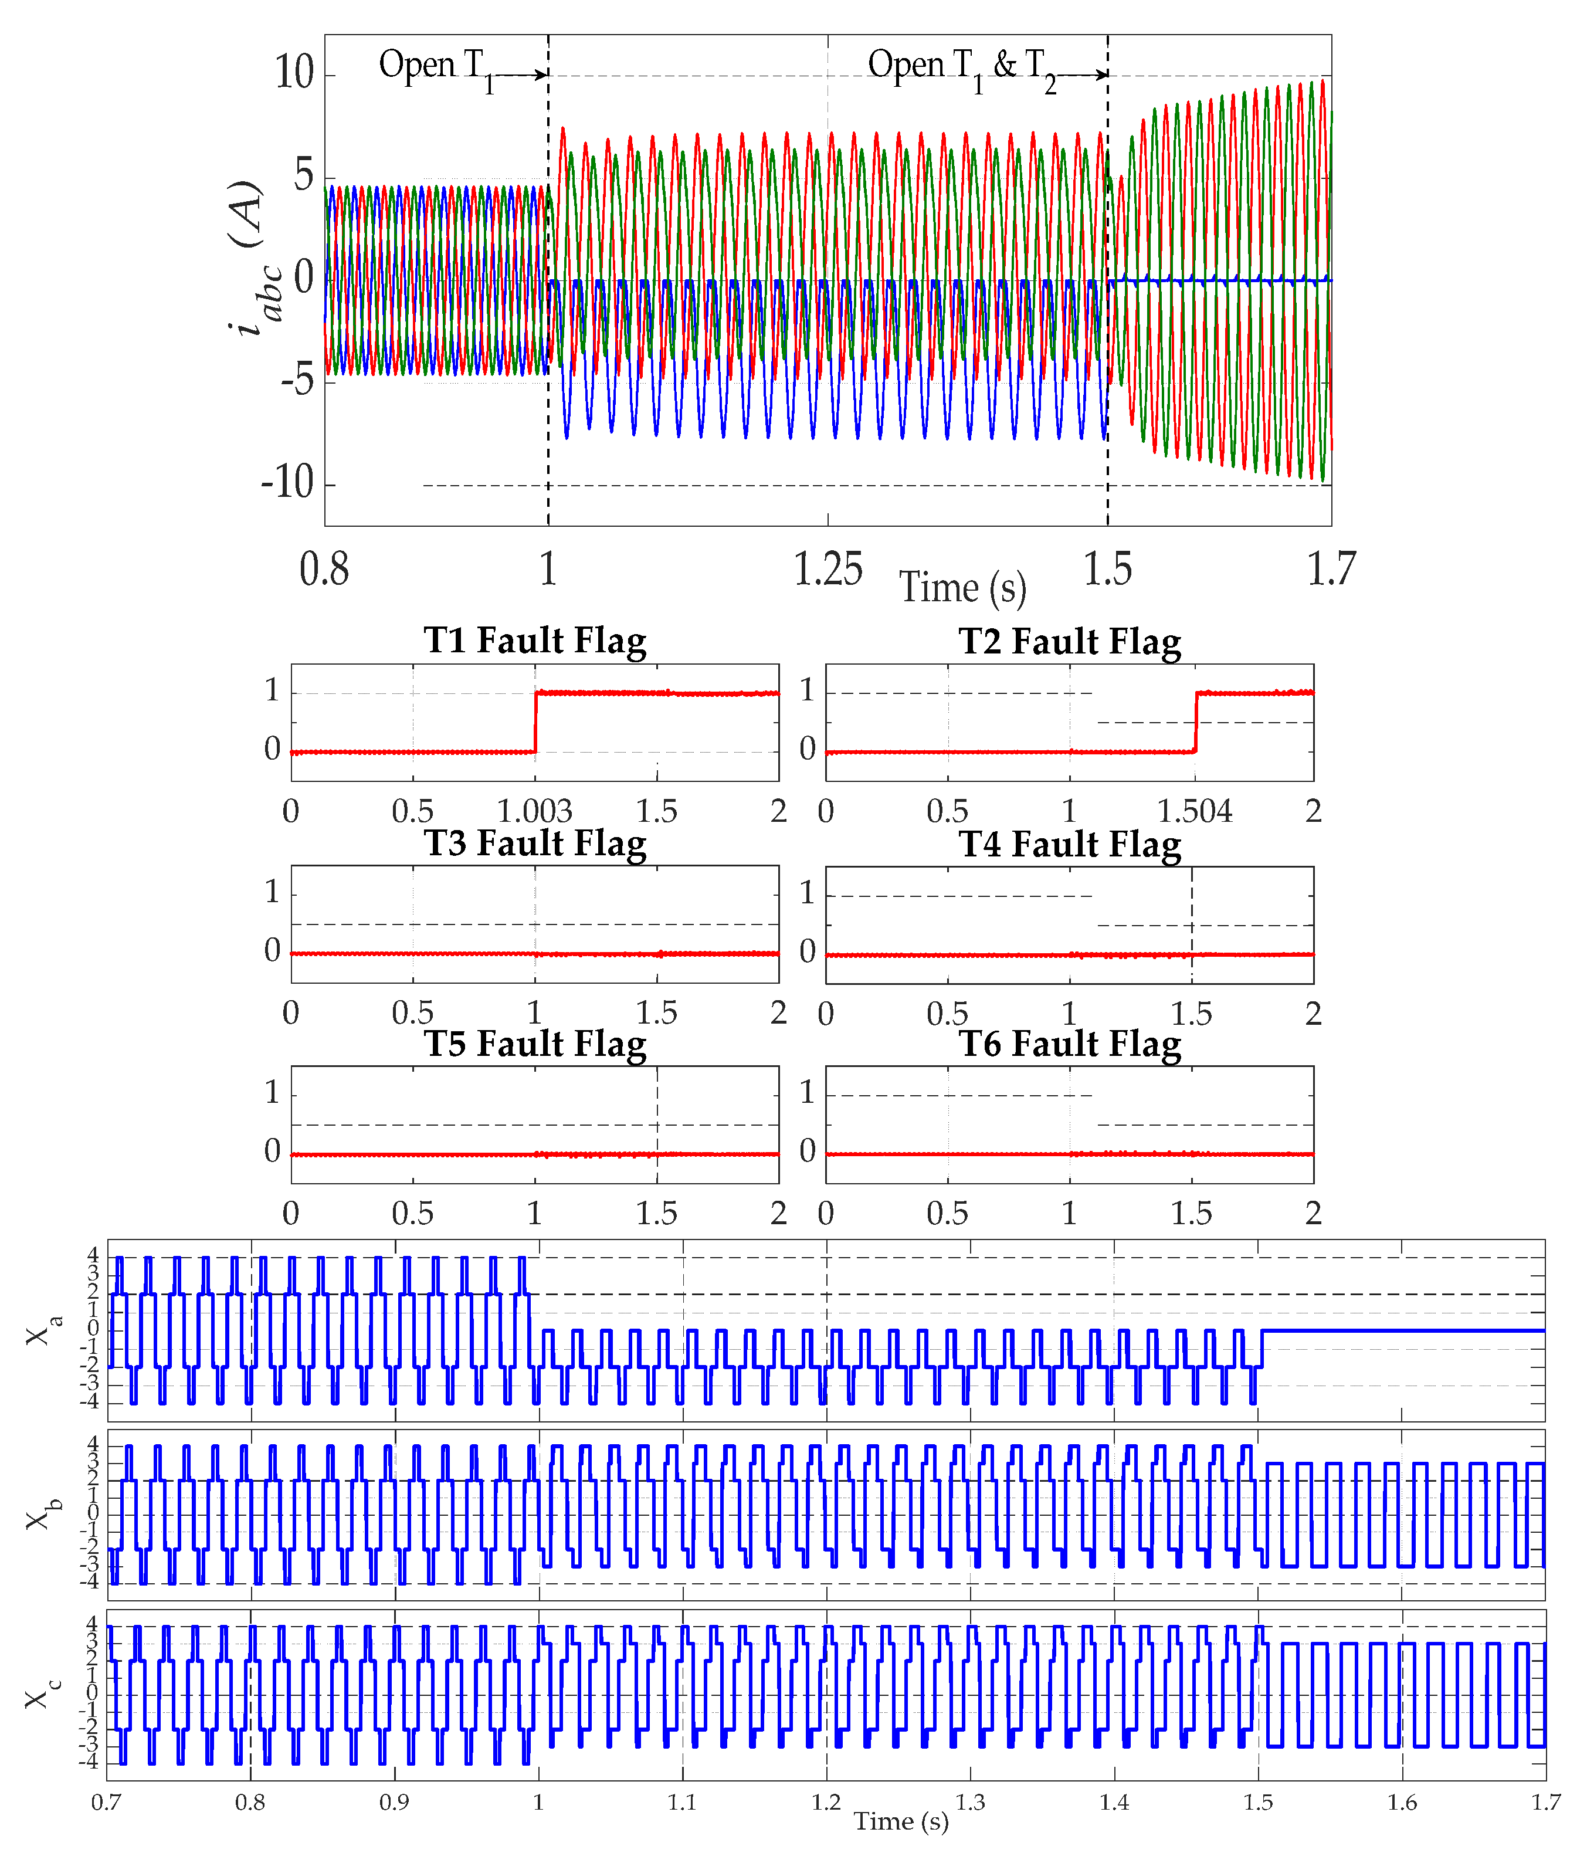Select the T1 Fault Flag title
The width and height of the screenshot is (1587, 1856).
[x=535, y=641]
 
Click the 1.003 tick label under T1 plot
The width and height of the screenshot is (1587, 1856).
[x=535, y=811]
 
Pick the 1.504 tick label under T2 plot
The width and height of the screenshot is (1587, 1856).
[x=1195, y=811]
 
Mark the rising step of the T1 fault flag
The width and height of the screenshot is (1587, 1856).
[x=535, y=722]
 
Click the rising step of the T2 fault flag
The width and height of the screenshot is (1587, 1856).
[x=1196, y=722]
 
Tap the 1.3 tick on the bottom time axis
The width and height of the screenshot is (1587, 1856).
[x=971, y=1802]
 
